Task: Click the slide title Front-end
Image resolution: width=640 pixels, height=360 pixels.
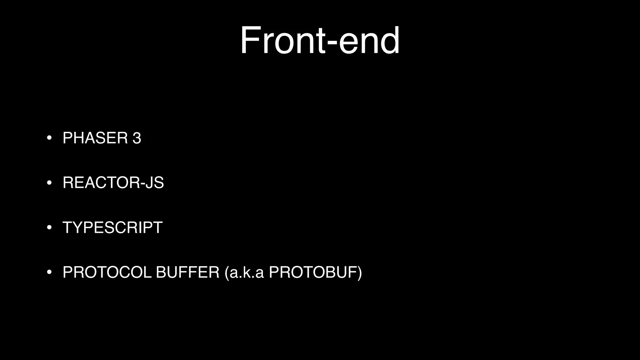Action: [x=319, y=41]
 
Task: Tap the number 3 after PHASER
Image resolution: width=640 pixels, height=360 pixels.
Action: [x=137, y=138]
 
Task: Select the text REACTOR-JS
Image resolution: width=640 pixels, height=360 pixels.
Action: [x=113, y=182]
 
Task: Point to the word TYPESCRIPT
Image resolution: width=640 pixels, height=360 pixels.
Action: [x=112, y=227]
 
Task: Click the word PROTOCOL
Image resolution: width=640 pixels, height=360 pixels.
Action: [x=107, y=272]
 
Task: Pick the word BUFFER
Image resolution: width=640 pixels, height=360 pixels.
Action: [x=187, y=272]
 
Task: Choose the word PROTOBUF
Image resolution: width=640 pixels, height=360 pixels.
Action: [x=313, y=272]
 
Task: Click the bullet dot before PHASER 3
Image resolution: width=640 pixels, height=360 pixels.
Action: [x=49, y=138]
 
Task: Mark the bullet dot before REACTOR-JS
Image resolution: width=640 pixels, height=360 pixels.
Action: [x=49, y=182]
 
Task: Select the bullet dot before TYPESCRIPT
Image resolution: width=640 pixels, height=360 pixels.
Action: [x=49, y=227]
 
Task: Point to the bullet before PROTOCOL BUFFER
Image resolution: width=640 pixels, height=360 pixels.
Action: [x=49, y=272]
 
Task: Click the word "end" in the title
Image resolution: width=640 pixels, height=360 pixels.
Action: [x=369, y=41]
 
